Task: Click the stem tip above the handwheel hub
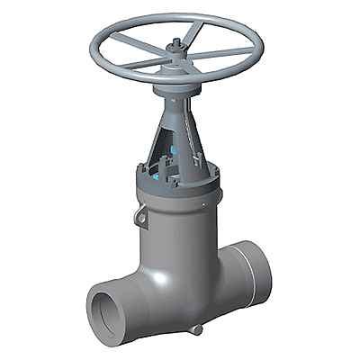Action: coord(175,39)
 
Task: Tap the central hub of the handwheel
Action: coord(175,56)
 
